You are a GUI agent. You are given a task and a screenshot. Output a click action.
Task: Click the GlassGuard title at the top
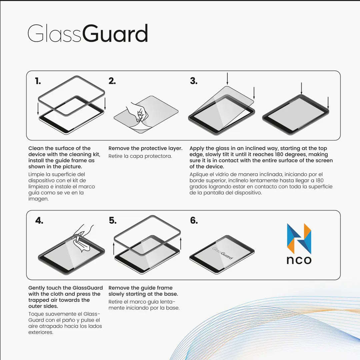point(88,34)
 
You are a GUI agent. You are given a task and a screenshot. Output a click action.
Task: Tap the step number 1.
point(38,81)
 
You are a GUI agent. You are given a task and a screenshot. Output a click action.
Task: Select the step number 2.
point(112,81)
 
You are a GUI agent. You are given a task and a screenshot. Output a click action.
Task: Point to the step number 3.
point(194,81)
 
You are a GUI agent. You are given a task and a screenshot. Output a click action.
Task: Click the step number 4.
point(39,221)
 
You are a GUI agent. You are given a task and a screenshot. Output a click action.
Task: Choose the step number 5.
point(113,221)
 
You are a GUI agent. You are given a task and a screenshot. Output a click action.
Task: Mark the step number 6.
point(194,221)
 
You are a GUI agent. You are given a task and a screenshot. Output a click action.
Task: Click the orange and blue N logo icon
point(299,239)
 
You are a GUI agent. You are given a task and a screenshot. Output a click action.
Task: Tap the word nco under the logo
point(299,260)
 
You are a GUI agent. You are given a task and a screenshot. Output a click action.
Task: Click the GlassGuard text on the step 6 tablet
point(223,253)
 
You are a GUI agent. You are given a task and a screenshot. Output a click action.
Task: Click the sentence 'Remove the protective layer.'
point(145,148)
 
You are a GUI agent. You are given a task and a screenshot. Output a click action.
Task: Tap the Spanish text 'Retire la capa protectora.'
point(140,156)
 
